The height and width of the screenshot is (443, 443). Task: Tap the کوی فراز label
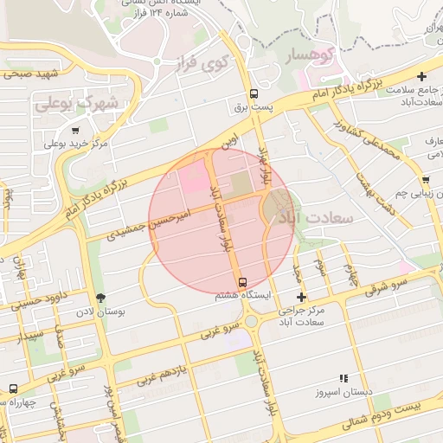click(x=224, y=63)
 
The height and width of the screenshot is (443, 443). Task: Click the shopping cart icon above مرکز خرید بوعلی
click(x=51, y=130)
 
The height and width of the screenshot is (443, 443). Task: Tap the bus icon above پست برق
click(x=253, y=93)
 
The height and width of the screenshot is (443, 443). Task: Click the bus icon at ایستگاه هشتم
click(x=242, y=281)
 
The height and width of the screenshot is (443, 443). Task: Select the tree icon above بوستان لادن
click(x=101, y=298)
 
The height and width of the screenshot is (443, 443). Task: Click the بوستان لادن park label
click(x=97, y=311)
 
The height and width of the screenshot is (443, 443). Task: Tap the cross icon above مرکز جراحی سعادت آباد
click(x=301, y=297)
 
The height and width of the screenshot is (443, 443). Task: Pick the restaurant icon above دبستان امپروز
click(x=343, y=378)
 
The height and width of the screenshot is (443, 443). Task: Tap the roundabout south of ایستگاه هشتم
click(x=251, y=320)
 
